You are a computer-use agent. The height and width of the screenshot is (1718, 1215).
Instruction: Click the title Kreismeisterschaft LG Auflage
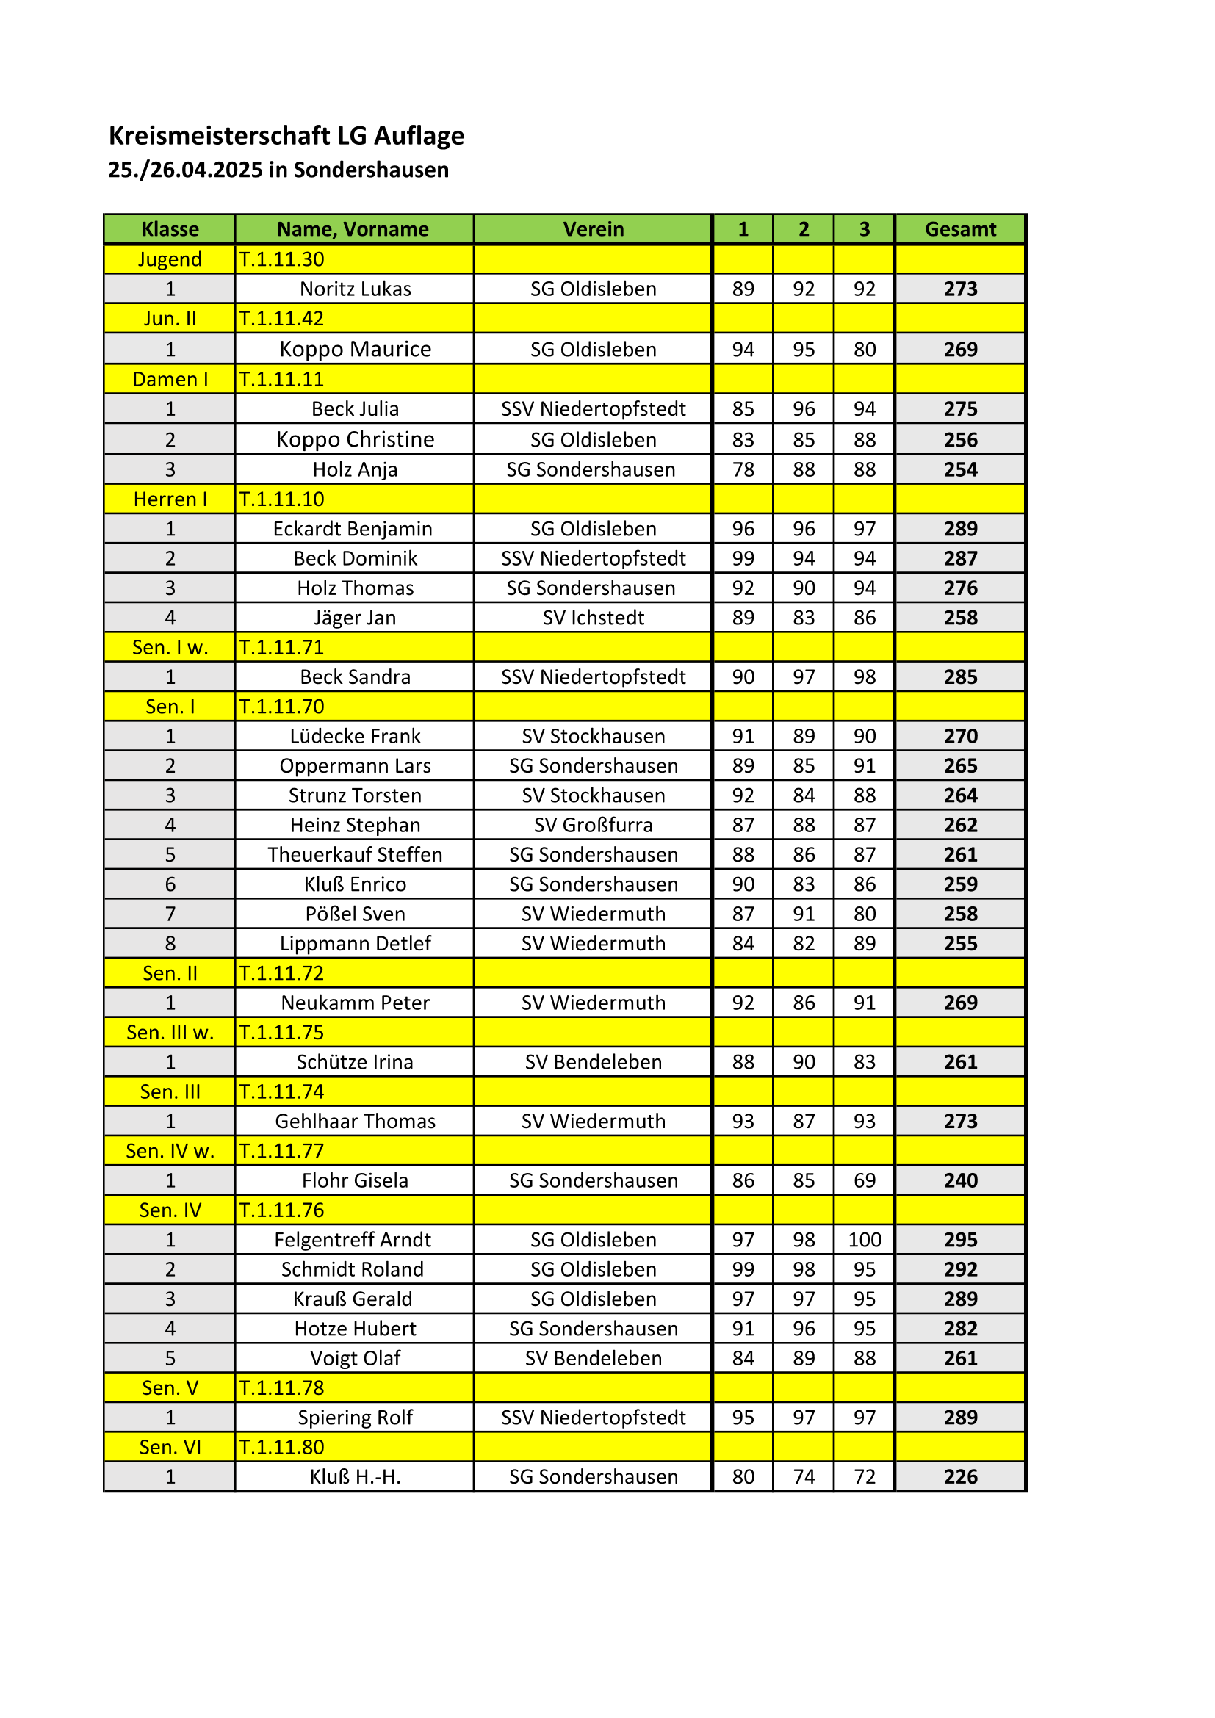[286, 135]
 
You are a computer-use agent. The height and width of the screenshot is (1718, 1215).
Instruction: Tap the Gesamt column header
[960, 229]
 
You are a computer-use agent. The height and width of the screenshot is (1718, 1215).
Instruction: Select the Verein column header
[593, 229]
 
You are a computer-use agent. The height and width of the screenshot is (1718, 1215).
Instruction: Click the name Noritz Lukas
[355, 289]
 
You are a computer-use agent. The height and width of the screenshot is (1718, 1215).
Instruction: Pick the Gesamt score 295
[960, 1239]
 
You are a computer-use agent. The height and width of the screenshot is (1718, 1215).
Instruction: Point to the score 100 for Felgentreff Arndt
[864, 1239]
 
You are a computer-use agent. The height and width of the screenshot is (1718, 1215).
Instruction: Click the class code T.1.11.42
[281, 319]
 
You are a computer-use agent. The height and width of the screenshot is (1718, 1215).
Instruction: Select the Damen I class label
[170, 379]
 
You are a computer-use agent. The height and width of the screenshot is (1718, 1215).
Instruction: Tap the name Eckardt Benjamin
[353, 529]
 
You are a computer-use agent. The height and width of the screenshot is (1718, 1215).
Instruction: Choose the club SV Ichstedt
[593, 617]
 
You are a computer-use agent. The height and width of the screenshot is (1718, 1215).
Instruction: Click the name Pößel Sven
[355, 914]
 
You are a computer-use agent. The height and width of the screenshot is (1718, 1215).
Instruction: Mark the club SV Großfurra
[593, 825]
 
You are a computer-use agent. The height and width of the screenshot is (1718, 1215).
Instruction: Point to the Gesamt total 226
[960, 1476]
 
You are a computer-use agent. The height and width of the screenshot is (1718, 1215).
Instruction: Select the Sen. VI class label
[170, 1447]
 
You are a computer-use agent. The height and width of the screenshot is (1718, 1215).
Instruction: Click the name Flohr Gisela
[355, 1180]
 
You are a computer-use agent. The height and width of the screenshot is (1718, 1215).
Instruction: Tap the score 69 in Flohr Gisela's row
[864, 1180]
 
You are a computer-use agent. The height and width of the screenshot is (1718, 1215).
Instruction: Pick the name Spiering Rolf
[355, 1417]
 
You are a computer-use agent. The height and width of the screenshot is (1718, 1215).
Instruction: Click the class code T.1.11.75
[281, 1033]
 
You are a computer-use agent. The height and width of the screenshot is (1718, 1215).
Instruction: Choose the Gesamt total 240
[960, 1180]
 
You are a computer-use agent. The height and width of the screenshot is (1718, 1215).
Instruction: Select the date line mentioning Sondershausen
[278, 170]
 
